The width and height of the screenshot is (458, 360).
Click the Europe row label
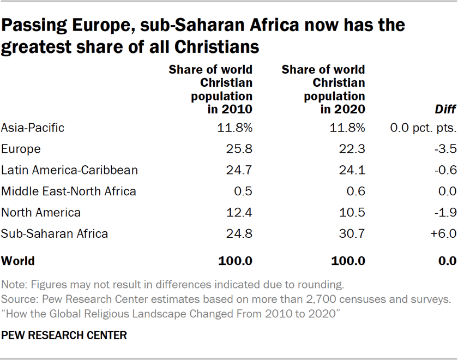21,149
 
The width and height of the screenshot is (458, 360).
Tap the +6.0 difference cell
442,234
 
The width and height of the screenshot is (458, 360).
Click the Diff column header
445,110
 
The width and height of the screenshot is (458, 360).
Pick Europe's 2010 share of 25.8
238,149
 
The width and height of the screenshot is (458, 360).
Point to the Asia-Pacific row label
33,128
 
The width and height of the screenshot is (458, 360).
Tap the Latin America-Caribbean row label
69,170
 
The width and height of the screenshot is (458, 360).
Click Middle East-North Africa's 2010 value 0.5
243,191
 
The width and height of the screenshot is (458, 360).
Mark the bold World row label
18,261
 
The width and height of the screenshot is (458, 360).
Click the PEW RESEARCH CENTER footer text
64,335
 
